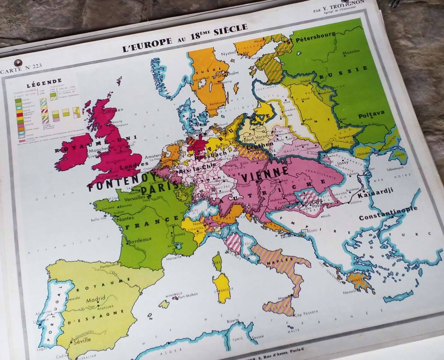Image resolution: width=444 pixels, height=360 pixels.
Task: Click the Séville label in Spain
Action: (x=82, y=340)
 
